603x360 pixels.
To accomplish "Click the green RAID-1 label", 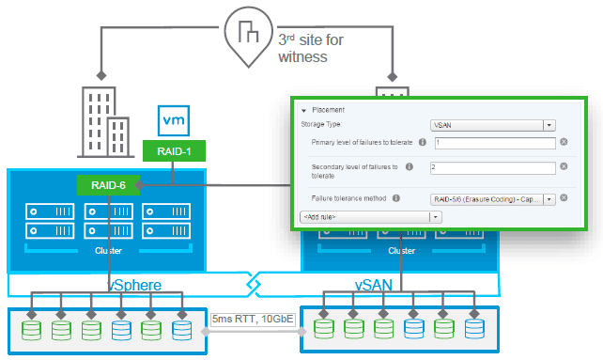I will click(174, 150).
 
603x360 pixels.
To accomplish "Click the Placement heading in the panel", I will click(329, 109).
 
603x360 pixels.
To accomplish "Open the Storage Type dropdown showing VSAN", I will click(492, 124).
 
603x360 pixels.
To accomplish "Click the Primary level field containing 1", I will click(494, 143).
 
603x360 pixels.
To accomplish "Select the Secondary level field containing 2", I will click(494, 166).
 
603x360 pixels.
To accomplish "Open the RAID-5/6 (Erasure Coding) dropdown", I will click(492, 198).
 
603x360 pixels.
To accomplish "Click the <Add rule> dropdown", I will click(370, 216).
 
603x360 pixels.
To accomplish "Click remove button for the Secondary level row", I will click(564, 166).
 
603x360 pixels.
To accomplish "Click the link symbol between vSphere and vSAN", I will click(252, 284).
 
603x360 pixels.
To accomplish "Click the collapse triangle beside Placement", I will click(304, 110).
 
